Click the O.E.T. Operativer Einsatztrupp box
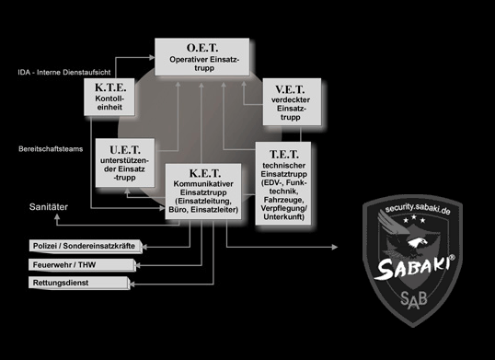tap(202, 57)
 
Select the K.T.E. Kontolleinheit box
tap(109, 97)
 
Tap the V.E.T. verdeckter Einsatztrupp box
tap(292, 101)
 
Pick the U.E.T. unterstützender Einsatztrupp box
tap(125, 163)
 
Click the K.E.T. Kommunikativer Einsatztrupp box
tap(203, 192)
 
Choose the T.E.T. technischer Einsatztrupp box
tap(283, 183)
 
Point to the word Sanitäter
tap(49, 207)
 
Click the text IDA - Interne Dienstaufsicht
tap(64, 73)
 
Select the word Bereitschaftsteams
tap(51, 149)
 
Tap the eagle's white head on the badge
tap(418, 242)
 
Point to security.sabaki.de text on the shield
tap(418, 209)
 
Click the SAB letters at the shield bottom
tap(413, 300)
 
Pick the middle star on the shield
tap(414, 217)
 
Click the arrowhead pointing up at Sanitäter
tap(57, 217)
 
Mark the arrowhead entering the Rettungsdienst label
tap(132, 285)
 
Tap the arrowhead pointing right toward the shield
tap(335, 247)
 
